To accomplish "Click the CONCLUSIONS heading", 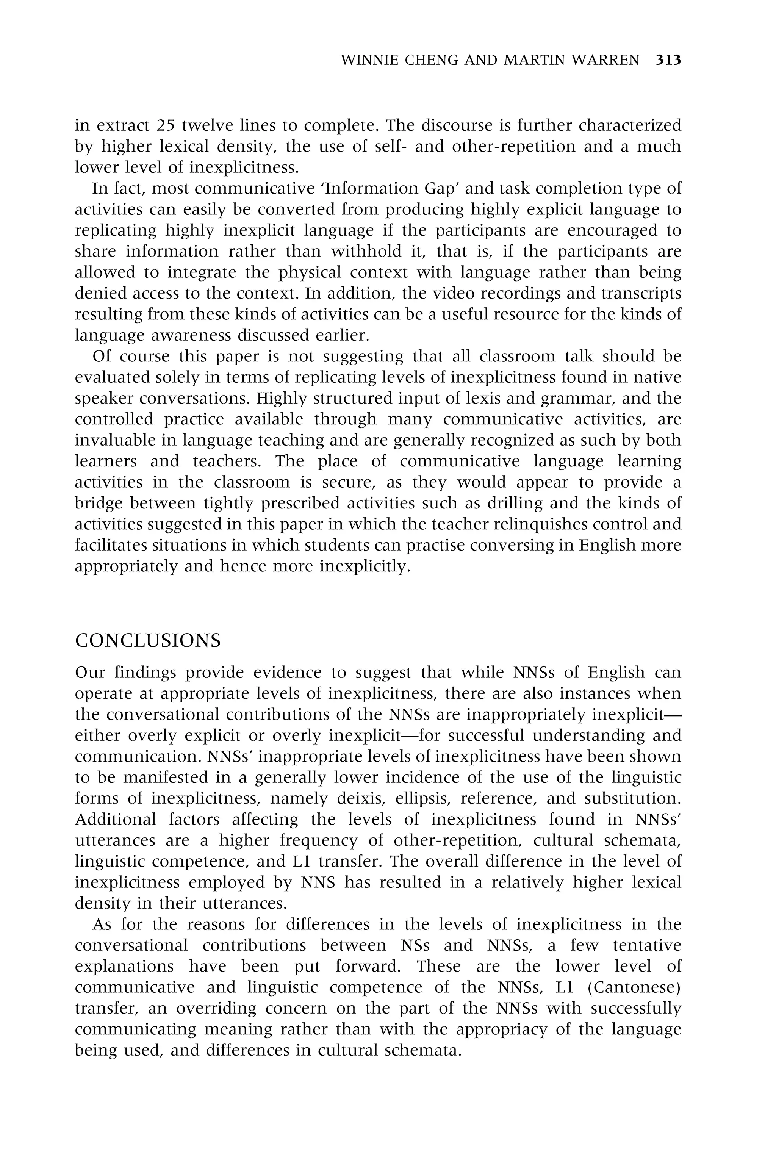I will (148, 641).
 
